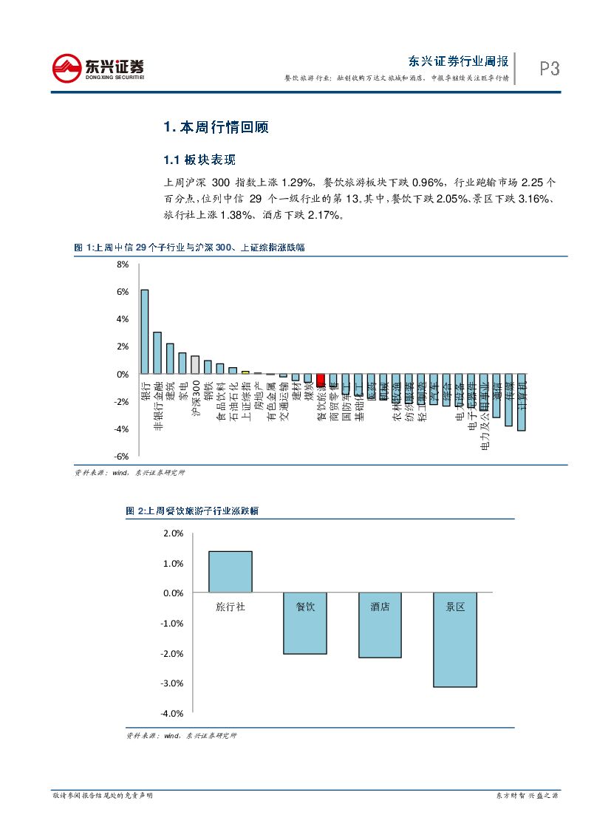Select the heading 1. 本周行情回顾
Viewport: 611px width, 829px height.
tap(216, 127)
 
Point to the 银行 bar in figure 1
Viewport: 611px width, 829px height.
tap(145, 332)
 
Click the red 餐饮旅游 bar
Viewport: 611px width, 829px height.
tap(320, 381)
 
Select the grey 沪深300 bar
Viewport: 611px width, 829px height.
tap(195, 365)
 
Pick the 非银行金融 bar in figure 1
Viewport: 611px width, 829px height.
tap(157, 353)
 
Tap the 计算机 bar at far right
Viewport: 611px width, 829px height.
tap(522, 402)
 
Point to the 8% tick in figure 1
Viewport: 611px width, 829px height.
tap(123, 264)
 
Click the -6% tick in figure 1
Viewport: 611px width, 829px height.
tap(120, 457)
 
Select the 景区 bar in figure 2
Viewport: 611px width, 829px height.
tap(454, 640)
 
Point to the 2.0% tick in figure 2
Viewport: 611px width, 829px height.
tap(173, 533)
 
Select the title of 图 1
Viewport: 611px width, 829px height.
tap(189, 248)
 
